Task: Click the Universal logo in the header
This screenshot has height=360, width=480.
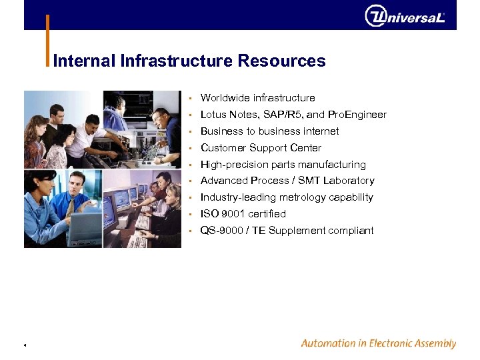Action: [405, 16]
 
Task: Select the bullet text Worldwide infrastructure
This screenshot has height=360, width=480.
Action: [257, 98]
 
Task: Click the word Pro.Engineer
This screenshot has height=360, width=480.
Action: [356, 115]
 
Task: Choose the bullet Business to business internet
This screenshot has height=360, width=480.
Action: [269, 131]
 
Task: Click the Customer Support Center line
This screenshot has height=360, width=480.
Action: [261, 148]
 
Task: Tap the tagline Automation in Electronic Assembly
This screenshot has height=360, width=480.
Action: [378, 344]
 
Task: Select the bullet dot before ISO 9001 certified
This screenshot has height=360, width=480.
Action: [190, 214]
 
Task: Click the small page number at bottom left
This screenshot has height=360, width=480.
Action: [25, 345]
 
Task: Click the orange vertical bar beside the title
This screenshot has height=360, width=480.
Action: [47, 40]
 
